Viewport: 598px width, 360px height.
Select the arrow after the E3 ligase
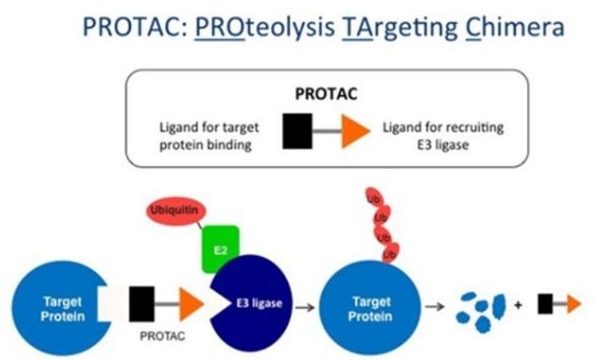303,306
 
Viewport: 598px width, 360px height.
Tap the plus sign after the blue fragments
517,306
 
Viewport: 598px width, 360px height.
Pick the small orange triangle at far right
573,303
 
